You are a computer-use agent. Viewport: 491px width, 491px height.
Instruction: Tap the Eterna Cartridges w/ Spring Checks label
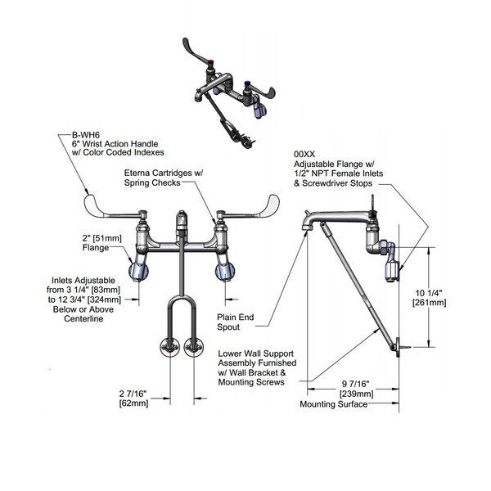point(164,179)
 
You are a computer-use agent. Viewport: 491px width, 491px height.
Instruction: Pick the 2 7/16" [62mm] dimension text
point(133,399)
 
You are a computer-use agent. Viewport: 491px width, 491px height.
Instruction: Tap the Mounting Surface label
point(331,405)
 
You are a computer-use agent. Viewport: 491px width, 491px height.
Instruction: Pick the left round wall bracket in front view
point(169,346)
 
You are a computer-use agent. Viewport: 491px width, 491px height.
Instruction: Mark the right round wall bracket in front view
point(194,346)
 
